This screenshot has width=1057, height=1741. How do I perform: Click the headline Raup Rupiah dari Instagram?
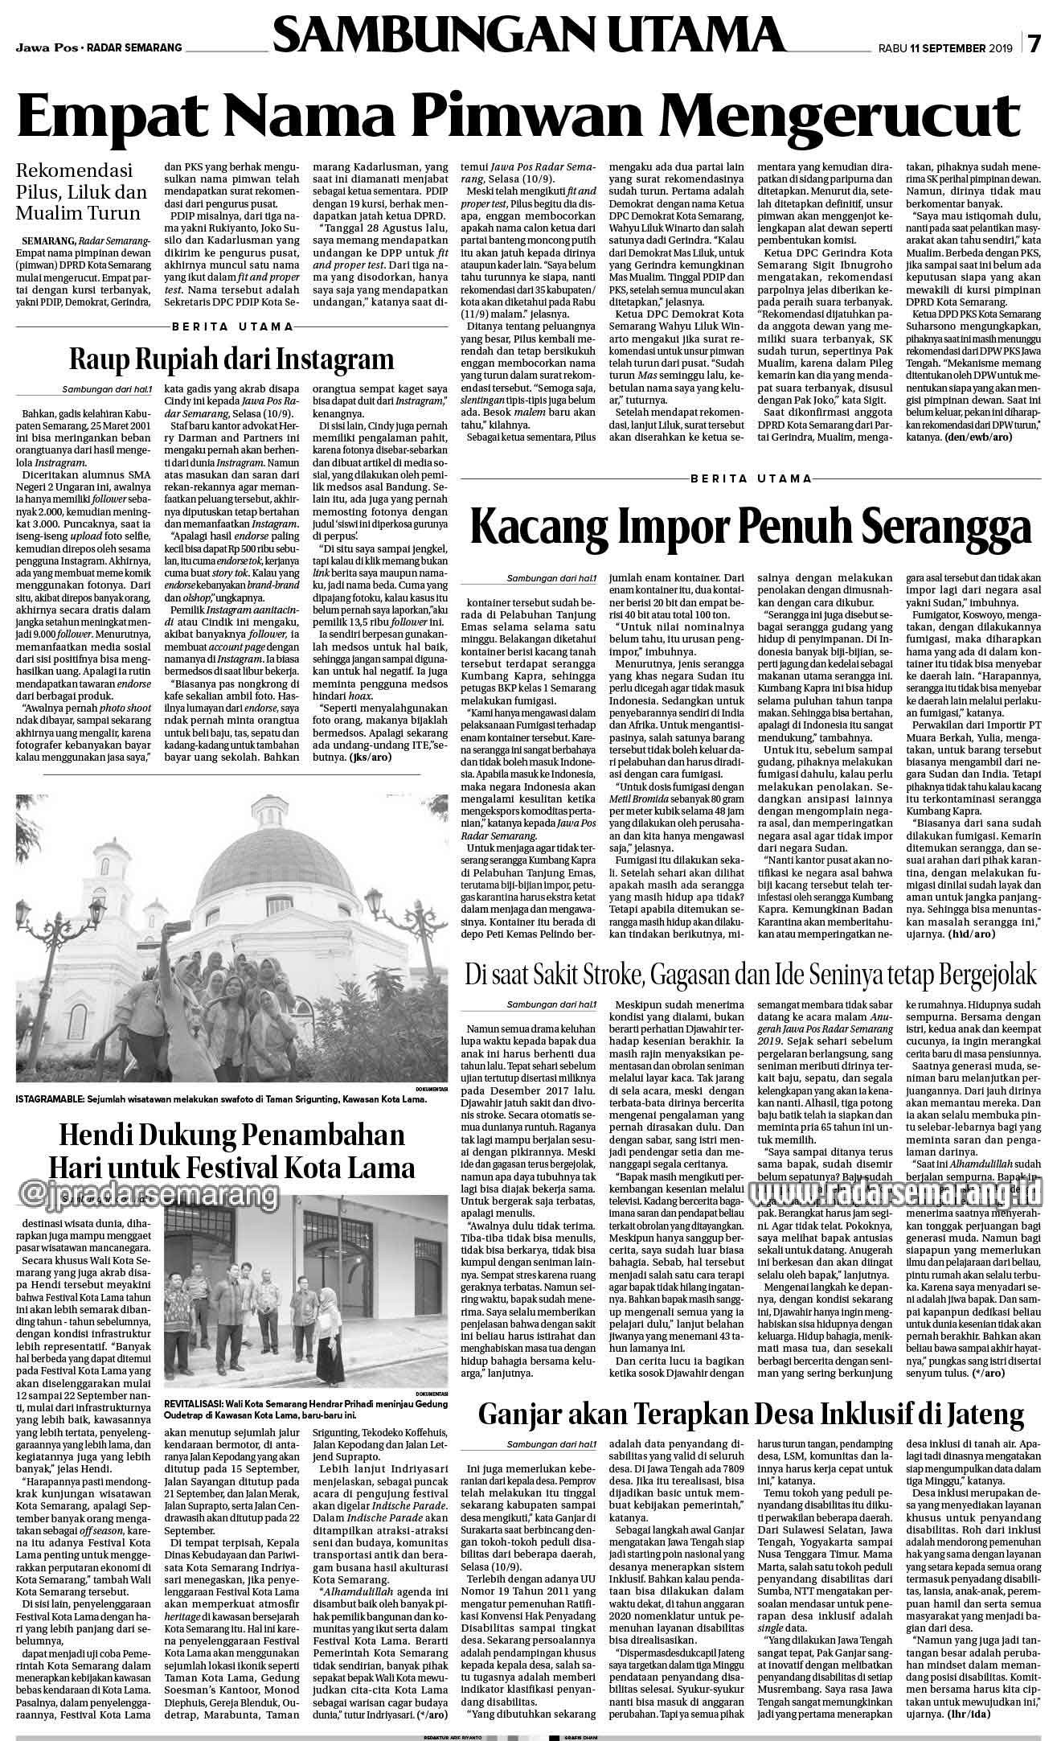click(x=231, y=358)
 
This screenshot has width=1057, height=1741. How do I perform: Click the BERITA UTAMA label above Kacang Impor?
click(x=751, y=478)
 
